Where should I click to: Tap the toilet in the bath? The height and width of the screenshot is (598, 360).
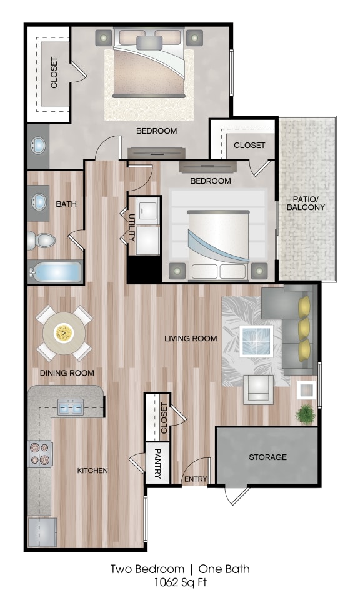pyautogui.click(x=42, y=240)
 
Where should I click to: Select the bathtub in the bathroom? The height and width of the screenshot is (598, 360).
pyautogui.click(x=56, y=272)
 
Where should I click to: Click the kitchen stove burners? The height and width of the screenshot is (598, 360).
pyautogui.click(x=41, y=454)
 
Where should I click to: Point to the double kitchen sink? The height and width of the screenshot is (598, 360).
pyautogui.click(x=71, y=407)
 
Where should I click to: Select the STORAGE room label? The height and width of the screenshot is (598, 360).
pyautogui.click(x=267, y=457)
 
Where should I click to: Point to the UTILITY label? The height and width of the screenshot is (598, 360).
pyautogui.click(x=132, y=227)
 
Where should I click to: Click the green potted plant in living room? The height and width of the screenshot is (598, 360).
pyautogui.click(x=306, y=413)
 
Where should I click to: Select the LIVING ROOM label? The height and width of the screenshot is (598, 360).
pyautogui.click(x=191, y=339)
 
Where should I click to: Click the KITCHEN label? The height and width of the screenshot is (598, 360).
pyautogui.click(x=93, y=470)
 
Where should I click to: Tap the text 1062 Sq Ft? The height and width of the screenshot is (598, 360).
pyautogui.click(x=180, y=582)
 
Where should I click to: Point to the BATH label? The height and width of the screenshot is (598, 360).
pyautogui.click(x=66, y=204)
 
